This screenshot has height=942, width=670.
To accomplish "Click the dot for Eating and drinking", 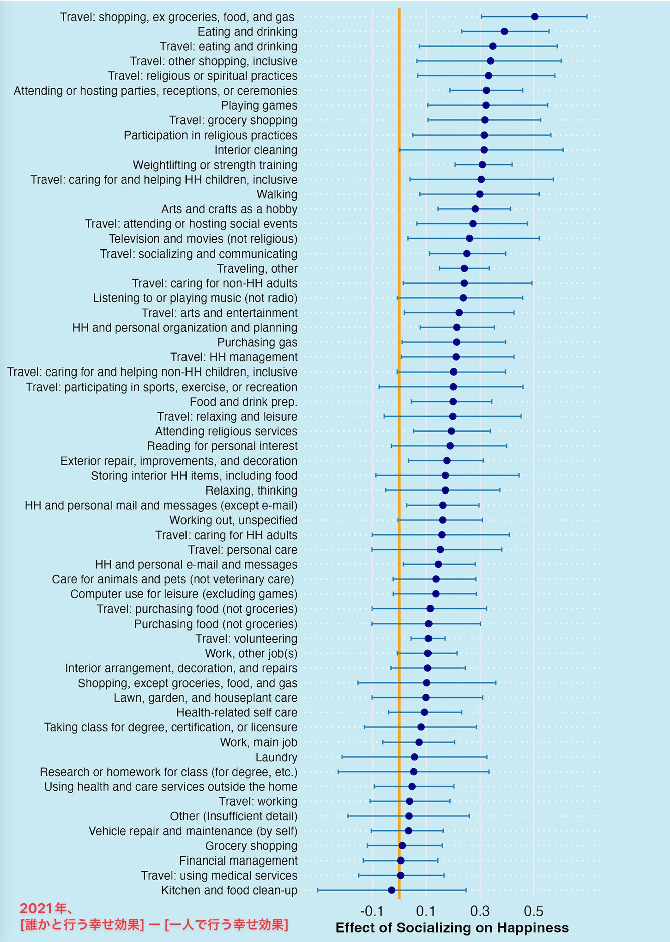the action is click(x=504, y=31).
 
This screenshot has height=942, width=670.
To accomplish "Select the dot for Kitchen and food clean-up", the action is click(x=392, y=890).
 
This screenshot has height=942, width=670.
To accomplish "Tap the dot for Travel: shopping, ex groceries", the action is click(x=535, y=17).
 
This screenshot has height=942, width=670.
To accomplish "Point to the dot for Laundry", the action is click(x=414, y=757).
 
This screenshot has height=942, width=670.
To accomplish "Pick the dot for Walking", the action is click(x=480, y=194).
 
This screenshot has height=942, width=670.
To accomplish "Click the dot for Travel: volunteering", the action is click(x=428, y=638).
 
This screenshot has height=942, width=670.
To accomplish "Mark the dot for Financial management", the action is click(x=400, y=860).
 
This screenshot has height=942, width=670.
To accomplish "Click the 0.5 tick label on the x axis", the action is click(x=534, y=911).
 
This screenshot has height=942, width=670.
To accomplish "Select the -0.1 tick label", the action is click(x=372, y=911).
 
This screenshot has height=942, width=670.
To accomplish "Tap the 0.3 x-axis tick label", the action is click(x=480, y=911).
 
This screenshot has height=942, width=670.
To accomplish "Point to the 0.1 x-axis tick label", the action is click(x=426, y=911).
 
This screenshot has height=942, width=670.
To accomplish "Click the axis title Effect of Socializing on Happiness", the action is click(x=452, y=928).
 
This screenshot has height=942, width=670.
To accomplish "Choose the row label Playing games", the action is click(x=259, y=105).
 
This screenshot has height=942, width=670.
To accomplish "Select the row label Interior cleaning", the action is click(x=256, y=150).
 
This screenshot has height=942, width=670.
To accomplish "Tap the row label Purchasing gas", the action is click(x=257, y=343).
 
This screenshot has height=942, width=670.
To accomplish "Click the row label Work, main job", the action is click(x=259, y=742).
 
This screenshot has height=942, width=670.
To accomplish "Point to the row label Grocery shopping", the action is click(x=251, y=845).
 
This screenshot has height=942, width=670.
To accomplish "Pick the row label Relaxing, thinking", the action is click(x=251, y=490).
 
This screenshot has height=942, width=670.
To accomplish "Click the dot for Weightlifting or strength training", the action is click(x=482, y=165).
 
